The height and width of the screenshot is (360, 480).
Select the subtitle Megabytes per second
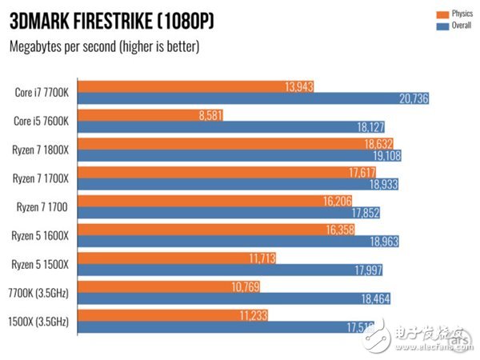pyautogui.click(x=104, y=46)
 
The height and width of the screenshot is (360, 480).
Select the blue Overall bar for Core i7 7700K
pyautogui.click(x=240, y=97)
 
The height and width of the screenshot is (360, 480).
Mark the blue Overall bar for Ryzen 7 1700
pyautogui.click(x=216, y=213)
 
